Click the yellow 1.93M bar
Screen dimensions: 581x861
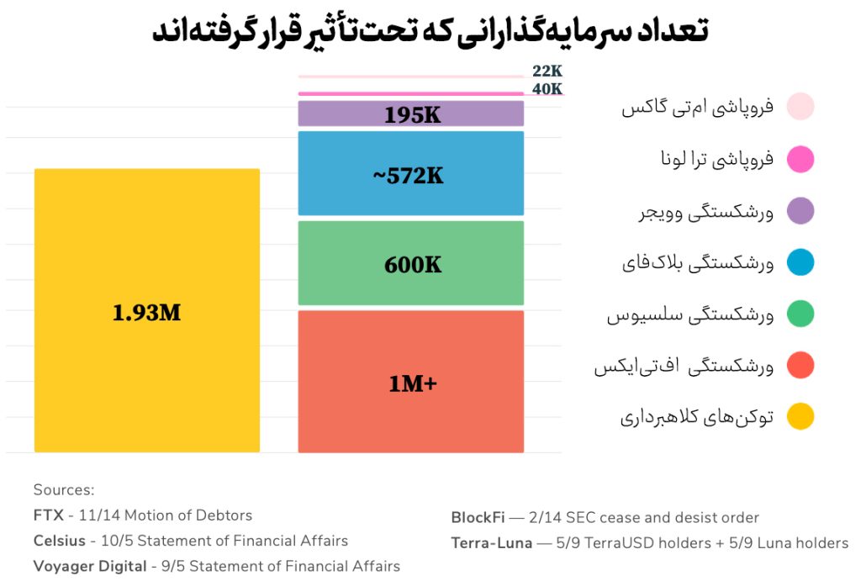(x=147, y=311)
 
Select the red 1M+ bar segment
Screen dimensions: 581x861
(x=411, y=382)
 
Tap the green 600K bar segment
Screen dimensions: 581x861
(x=411, y=263)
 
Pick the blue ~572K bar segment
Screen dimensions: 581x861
(x=411, y=174)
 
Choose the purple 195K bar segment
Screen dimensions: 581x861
(x=411, y=114)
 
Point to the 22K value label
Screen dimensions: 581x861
(x=547, y=71)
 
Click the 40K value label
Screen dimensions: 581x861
(x=547, y=89)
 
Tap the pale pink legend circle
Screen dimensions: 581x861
(x=800, y=107)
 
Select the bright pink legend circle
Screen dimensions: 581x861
(x=800, y=159)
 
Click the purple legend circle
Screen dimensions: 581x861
(x=800, y=211)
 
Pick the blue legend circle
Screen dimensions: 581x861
(x=800, y=262)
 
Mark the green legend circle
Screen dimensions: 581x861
(x=800, y=314)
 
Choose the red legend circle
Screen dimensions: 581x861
(x=800, y=366)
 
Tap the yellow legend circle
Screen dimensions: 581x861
(x=800, y=416)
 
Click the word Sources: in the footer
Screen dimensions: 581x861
(x=64, y=490)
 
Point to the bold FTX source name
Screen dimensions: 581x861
(x=48, y=515)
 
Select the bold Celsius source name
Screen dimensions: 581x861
(x=61, y=541)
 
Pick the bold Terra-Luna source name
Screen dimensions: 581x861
(x=492, y=543)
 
